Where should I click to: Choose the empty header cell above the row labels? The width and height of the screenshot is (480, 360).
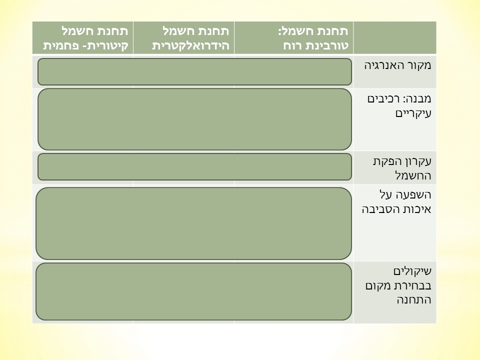pos(394,37)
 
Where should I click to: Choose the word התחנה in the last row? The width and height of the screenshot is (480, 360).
pos(413,300)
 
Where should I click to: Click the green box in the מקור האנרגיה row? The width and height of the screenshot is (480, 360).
pos(194,71)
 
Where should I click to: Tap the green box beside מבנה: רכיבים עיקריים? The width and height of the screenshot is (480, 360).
pos(194,119)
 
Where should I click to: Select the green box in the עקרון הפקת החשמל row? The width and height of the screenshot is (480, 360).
pos(194,166)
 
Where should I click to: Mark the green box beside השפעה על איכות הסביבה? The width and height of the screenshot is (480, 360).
pos(193,223)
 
